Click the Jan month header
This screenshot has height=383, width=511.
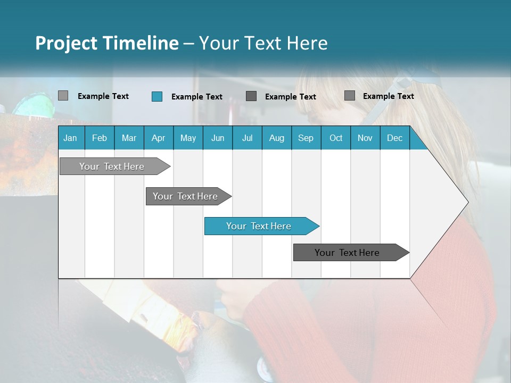coord(71,138)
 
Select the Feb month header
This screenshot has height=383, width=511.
coord(100,138)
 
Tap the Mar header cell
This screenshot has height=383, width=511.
coord(129,138)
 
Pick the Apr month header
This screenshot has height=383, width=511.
coord(158,138)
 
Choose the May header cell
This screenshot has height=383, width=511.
coord(188,138)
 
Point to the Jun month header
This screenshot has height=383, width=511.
coord(218,138)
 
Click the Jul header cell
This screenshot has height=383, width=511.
coord(247,138)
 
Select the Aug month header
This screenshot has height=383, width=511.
coord(276,138)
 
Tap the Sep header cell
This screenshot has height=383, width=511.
coord(306,138)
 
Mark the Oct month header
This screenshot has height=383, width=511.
coord(336,138)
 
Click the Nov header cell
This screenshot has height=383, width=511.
coord(365,138)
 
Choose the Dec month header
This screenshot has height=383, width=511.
coord(394,138)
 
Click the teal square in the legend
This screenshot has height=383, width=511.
coord(156,96)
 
